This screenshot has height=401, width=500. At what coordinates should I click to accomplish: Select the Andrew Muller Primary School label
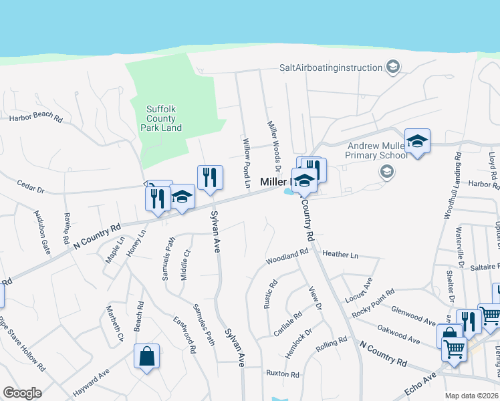[376, 150]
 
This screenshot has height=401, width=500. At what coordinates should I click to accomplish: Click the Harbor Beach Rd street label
[35, 119]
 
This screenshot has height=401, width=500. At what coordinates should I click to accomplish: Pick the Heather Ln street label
[340, 255]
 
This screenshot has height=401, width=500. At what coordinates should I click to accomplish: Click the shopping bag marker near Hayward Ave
[146, 357]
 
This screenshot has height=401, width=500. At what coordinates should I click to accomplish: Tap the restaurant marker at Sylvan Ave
[210, 178]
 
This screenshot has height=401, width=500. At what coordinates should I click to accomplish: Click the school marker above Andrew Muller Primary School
[417, 142]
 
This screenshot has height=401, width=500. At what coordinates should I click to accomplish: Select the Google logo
[22, 393]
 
